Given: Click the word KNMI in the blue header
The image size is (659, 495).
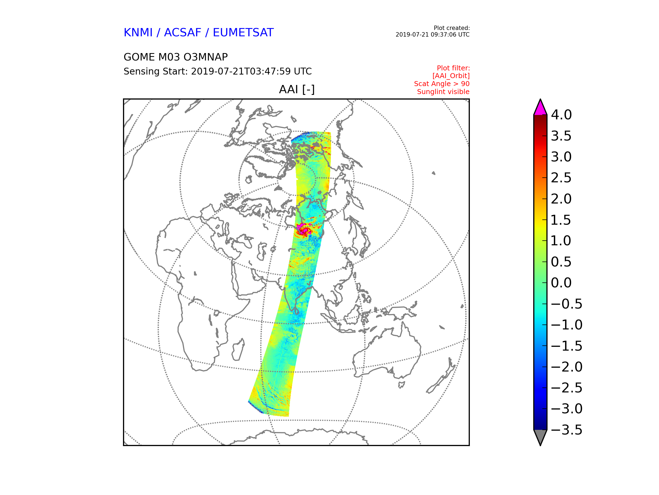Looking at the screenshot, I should (138, 32).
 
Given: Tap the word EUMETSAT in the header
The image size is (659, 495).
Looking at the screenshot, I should (243, 32).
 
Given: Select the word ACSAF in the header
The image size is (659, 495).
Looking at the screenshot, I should (182, 32).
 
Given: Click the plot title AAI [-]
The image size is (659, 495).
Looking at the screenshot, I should (297, 89).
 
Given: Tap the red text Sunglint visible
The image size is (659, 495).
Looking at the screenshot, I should (443, 92).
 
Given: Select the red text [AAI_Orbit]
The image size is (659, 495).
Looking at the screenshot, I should (451, 76).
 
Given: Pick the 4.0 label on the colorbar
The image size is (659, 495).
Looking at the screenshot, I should (561, 115).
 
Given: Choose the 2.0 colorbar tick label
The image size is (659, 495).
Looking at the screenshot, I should (561, 199).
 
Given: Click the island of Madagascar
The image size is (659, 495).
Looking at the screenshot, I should (238, 350).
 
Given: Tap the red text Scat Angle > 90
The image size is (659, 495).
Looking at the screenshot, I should (442, 84).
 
